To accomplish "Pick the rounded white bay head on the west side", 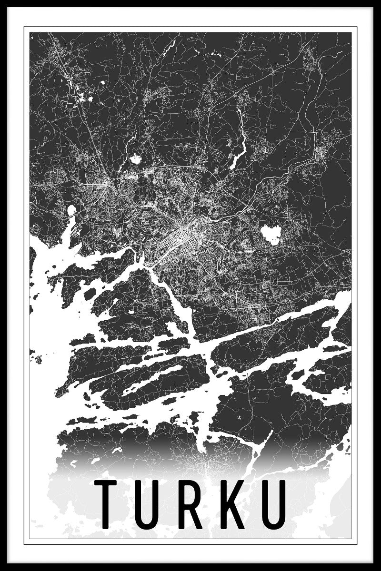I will click(x=71, y=210).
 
